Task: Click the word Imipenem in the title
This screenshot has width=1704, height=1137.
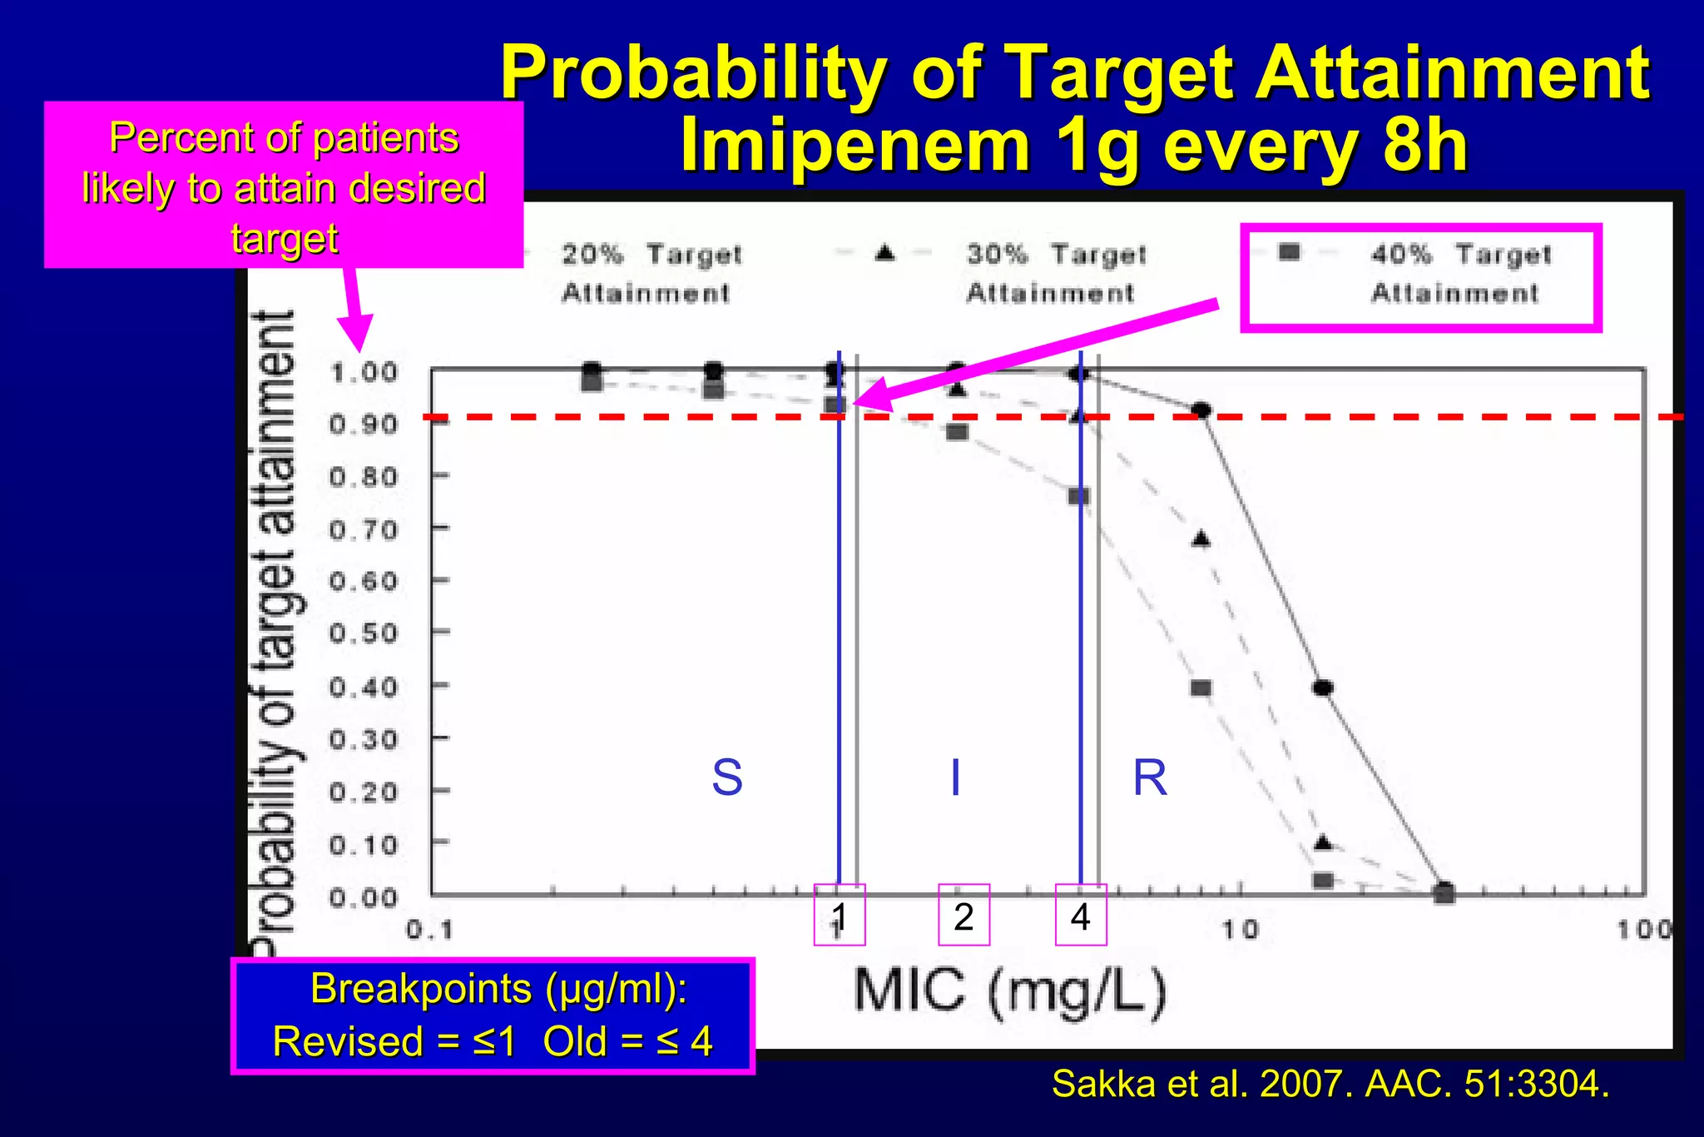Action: [x=855, y=146]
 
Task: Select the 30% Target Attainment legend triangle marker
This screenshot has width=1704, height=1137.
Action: [x=885, y=252]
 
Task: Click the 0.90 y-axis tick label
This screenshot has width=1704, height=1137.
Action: [x=364, y=425]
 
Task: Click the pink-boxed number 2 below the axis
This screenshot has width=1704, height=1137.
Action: [x=963, y=916]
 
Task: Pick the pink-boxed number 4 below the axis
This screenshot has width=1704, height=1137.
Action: [x=1080, y=916]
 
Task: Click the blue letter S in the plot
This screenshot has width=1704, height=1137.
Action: [x=727, y=777]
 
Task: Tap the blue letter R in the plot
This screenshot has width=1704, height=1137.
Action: [x=1150, y=778]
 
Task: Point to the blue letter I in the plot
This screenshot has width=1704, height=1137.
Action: [x=955, y=777]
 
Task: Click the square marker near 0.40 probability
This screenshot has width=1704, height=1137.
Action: [x=1201, y=688]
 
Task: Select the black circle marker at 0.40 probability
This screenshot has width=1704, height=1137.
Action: [x=1323, y=688]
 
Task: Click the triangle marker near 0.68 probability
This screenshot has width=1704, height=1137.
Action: [x=1201, y=539]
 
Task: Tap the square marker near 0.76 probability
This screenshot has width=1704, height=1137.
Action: [x=1078, y=497]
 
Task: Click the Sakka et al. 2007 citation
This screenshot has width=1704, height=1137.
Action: [x=1330, y=1084]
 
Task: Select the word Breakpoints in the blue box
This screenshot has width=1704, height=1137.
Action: [x=421, y=989]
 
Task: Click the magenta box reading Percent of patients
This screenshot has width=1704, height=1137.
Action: [x=284, y=186]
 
